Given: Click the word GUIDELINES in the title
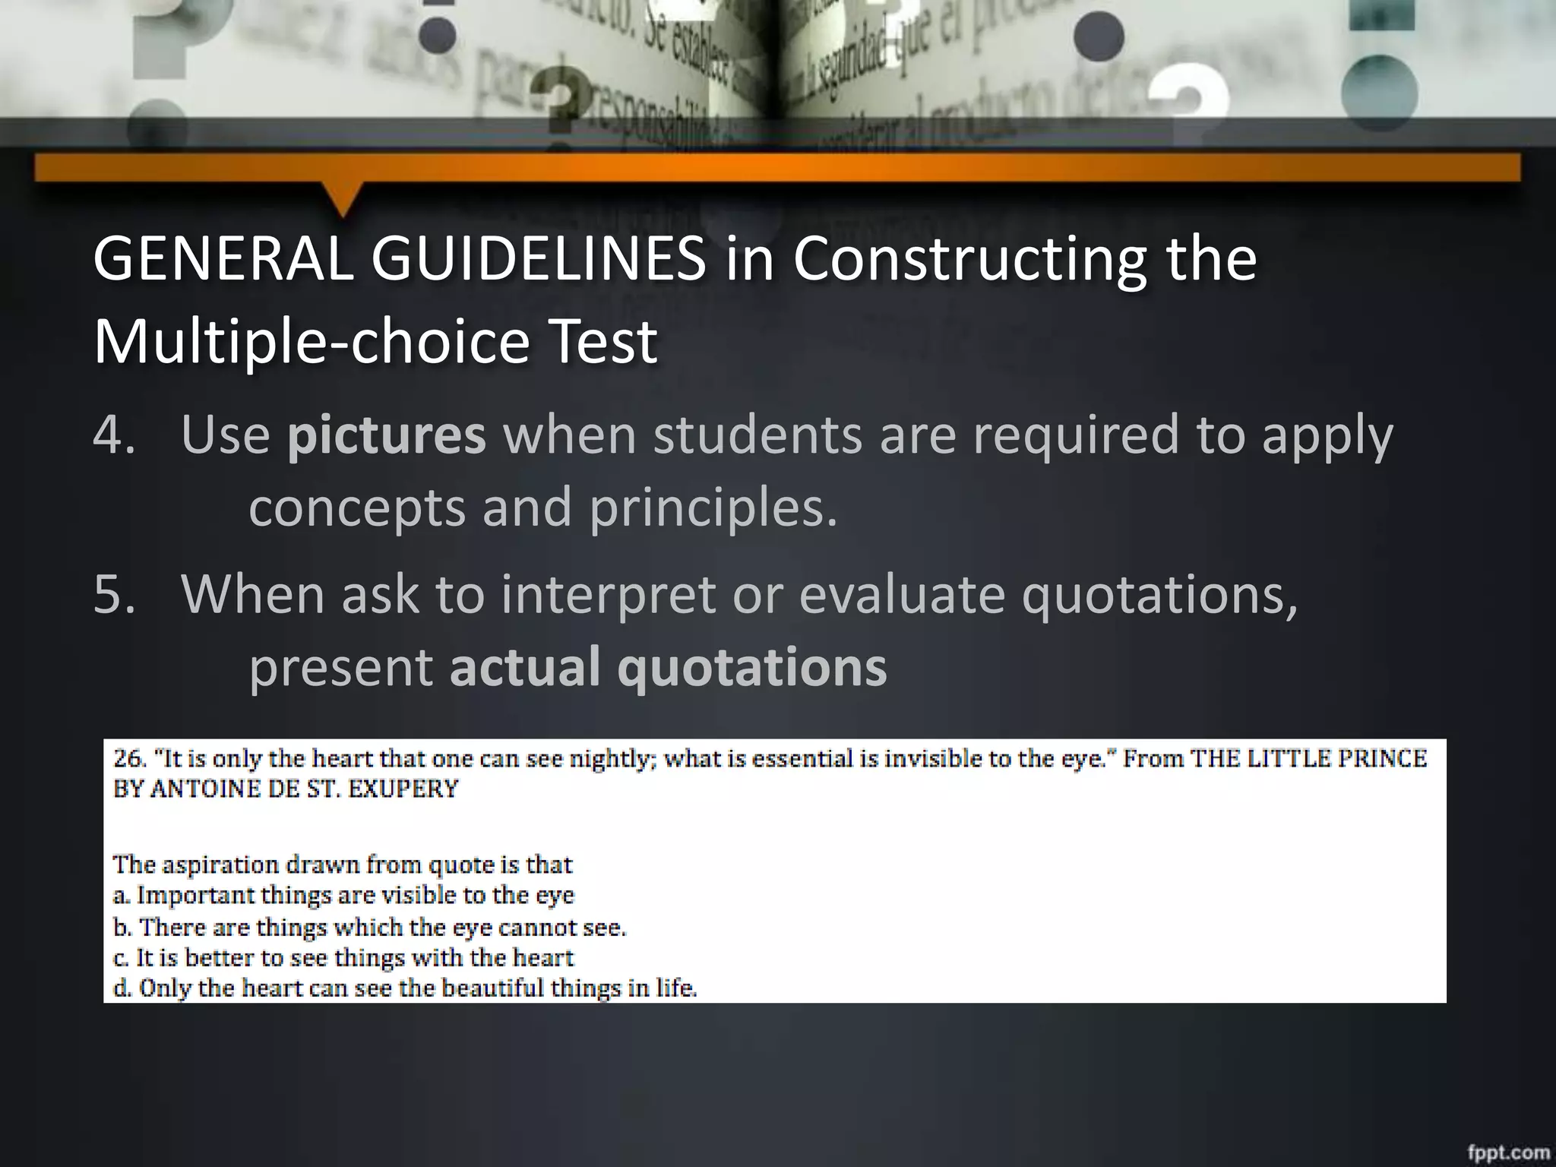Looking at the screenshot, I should [538, 260].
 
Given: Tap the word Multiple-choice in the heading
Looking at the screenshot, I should [310, 342].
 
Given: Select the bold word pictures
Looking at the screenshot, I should [386, 435].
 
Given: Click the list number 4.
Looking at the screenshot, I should [114, 435].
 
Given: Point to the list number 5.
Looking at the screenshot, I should [114, 593].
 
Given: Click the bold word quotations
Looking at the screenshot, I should [751, 666].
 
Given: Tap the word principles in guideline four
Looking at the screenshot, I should [713, 508].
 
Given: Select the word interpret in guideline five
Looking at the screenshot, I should [607, 593].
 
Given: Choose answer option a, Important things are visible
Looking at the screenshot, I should [343, 895].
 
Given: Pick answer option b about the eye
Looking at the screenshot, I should [369, 927].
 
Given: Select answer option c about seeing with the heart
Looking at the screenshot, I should [343, 957].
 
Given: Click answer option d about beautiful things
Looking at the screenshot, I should [404, 988].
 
